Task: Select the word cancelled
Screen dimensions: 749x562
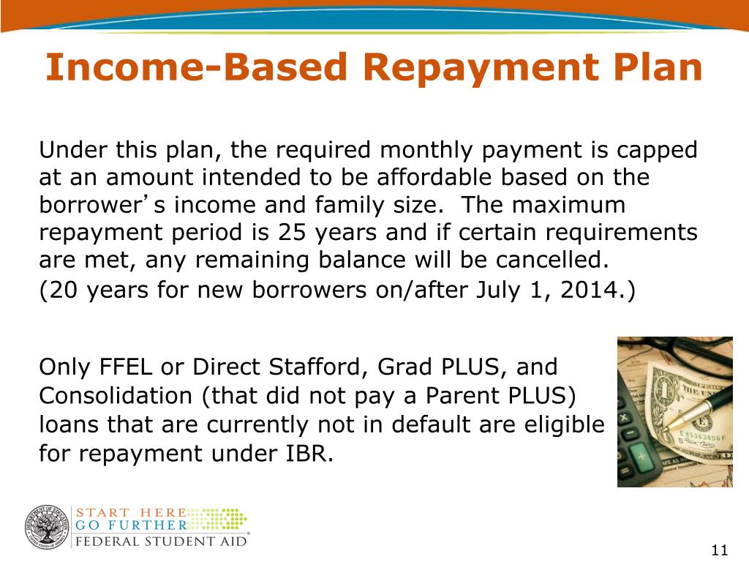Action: [x=552, y=260]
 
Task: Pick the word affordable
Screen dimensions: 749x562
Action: [x=434, y=177]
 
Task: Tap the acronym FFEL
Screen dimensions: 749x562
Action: [x=126, y=367]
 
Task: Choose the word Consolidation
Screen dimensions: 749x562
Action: [x=116, y=396]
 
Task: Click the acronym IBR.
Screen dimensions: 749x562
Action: [x=309, y=453]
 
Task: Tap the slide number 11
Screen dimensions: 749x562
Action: [x=720, y=550]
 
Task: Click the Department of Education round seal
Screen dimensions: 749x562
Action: [x=47, y=527]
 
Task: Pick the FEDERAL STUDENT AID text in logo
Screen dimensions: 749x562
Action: [x=161, y=542]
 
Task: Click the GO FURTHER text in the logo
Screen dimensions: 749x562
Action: [x=131, y=525]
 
